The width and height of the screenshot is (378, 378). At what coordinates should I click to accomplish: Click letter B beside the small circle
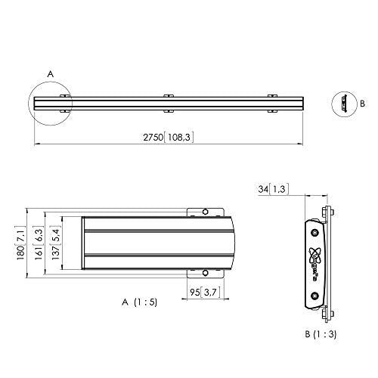361,101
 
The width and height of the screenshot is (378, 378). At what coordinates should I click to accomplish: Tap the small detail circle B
344,101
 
